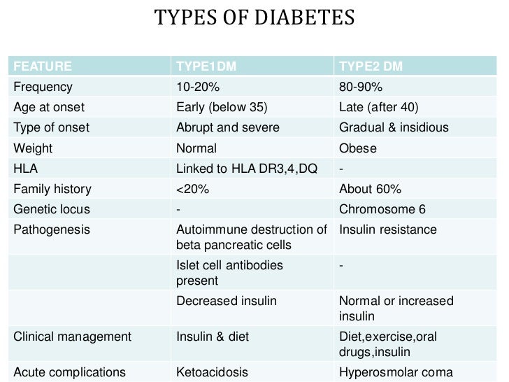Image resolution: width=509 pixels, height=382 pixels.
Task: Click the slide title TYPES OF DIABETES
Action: tap(254, 16)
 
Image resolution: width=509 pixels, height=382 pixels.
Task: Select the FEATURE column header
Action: tap(43, 67)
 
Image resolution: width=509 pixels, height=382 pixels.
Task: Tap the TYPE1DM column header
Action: tap(207, 67)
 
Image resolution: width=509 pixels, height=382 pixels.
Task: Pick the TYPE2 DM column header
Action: tap(371, 67)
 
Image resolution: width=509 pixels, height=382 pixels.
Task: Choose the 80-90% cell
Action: tap(360, 87)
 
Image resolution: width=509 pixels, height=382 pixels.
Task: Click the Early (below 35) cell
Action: tap(222, 108)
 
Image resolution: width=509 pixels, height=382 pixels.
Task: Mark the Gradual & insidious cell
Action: tap(394, 128)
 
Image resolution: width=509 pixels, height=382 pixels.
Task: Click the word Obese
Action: tap(357, 148)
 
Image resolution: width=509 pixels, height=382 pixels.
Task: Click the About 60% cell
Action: tap(369, 189)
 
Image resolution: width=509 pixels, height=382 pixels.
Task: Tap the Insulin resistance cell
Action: tap(387, 229)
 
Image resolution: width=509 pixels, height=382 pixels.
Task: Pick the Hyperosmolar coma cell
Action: tap(396, 372)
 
